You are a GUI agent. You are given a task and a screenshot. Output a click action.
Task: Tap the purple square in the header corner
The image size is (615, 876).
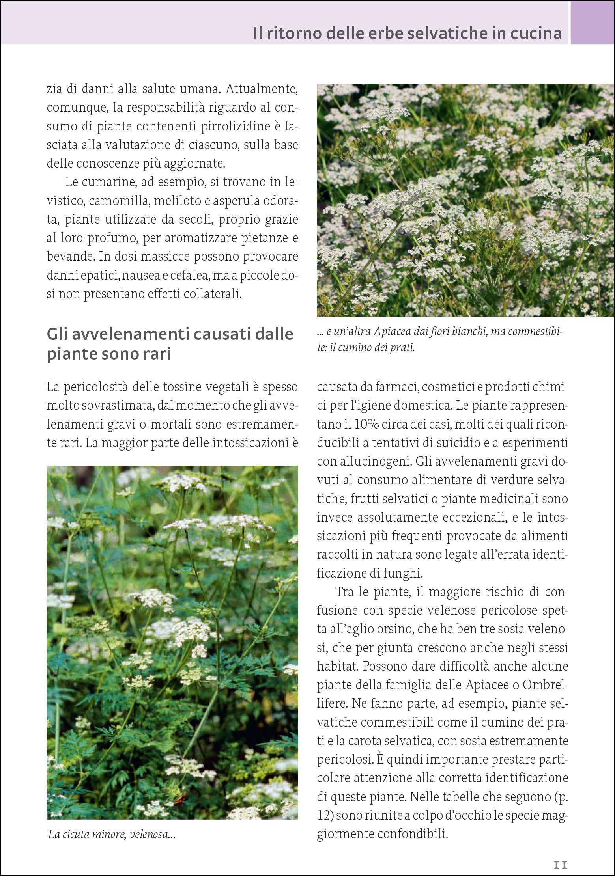click(x=593, y=22)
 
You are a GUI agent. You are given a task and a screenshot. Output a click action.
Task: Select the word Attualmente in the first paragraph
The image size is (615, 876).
click(x=262, y=89)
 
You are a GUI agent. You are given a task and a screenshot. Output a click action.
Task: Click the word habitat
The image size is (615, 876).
click(x=338, y=666)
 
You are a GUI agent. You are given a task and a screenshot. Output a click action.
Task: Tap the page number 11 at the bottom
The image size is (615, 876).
click(x=560, y=865)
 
